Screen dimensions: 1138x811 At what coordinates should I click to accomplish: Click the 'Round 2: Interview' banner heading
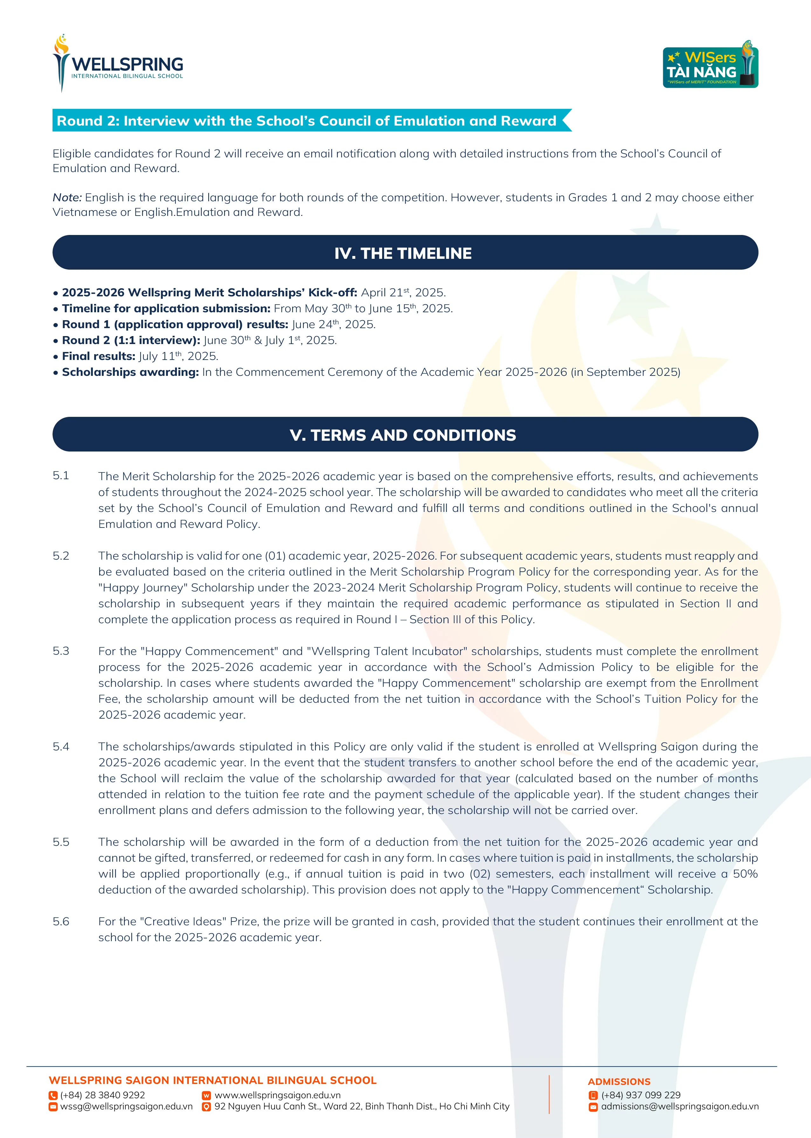click(x=306, y=121)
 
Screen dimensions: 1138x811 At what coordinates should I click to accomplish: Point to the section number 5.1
click(x=61, y=475)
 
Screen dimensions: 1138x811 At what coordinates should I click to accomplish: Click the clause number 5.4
click(x=61, y=747)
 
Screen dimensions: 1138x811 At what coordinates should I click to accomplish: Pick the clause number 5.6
click(x=61, y=921)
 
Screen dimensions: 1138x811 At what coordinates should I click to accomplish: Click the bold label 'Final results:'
click(x=98, y=356)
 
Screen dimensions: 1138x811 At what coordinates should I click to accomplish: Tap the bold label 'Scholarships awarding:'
click(x=130, y=372)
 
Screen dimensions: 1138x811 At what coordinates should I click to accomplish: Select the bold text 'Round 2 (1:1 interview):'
click(x=131, y=340)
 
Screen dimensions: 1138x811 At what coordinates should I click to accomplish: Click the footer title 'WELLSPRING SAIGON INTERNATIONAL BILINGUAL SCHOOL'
click(x=213, y=1080)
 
